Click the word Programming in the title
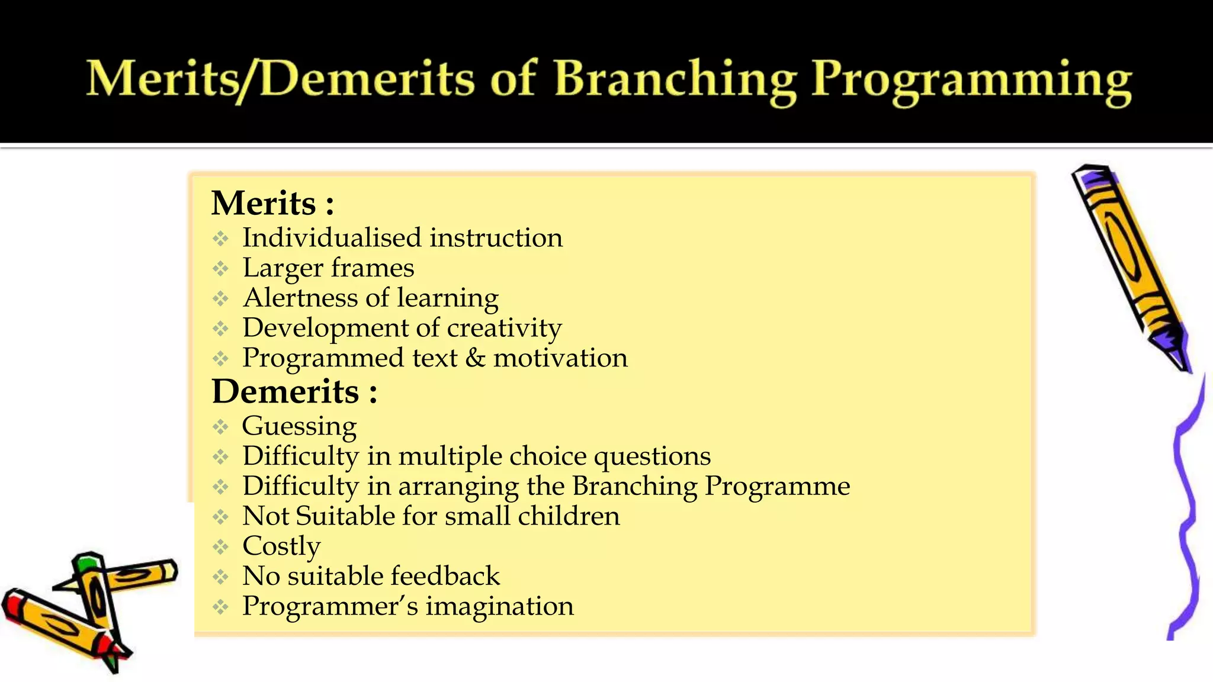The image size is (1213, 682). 971,82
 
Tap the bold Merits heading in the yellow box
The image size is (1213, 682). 264,204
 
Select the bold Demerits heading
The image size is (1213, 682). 286,392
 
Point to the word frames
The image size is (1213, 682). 373,268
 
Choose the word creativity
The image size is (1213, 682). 504,329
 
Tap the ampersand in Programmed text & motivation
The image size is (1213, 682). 475,358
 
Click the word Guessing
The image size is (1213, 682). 299,427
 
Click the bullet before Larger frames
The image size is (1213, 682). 221,269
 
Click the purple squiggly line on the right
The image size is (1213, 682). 1185,509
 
